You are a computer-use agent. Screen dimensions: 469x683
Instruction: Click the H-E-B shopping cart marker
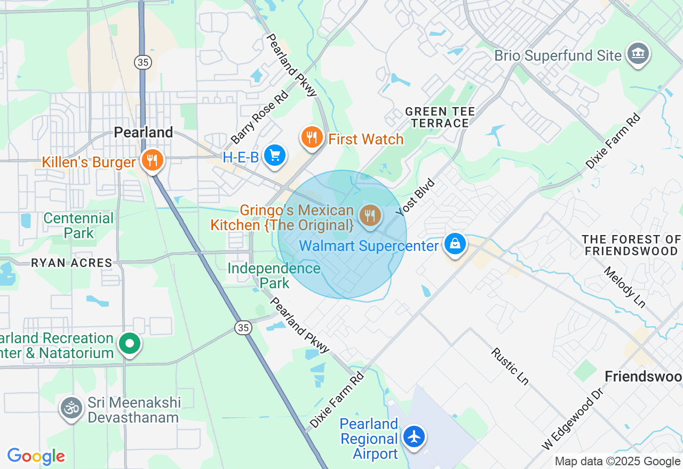point(275,156)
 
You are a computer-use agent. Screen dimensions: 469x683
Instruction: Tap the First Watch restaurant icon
point(312,138)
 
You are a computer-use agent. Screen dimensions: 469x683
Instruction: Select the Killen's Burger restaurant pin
point(153,160)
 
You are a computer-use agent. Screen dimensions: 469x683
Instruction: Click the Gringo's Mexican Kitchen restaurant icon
point(370,216)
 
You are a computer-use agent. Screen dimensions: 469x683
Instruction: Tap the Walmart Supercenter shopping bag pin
point(455,245)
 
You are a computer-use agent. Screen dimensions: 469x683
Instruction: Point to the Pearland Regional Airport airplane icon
point(414,436)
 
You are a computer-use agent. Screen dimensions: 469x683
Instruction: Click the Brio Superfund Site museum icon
point(638,54)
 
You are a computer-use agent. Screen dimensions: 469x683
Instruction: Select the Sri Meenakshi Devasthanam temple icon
point(71,409)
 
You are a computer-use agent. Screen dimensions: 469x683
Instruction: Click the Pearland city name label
point(144,132)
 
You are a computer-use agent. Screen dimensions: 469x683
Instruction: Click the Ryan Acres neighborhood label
point(72,263)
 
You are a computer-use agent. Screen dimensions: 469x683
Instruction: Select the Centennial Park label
point(78,225)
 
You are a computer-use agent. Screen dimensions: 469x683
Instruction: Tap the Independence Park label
point(274,275)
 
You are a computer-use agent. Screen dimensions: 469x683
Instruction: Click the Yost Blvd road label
point(416,198)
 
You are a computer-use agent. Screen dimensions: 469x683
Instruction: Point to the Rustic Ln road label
point(510,367)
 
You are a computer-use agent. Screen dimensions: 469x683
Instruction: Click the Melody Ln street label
point(624,288)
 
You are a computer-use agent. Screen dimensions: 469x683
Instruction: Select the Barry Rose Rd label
point(260,118)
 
